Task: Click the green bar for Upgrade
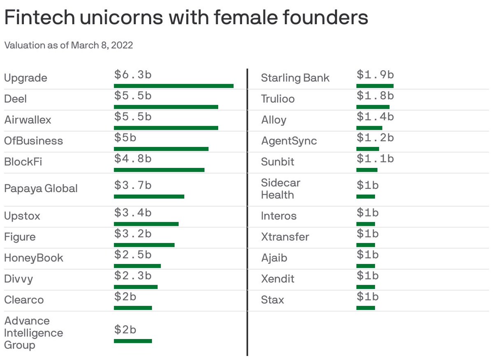coord(173,86)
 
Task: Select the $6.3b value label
coord(133,75)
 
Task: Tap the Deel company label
coord(15,99)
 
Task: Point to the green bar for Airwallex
coord(166,128)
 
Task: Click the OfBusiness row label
coord(33,141)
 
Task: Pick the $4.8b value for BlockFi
coord(133,158)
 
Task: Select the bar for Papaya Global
coord(149,197)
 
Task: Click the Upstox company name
coord(22,216)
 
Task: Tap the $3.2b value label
coord(133,234)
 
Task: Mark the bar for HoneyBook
coord(137,266)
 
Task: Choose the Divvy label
coord(18,279)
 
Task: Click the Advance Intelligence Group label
coord(33,333)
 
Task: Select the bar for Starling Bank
coord(375,86)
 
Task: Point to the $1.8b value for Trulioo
coord(375,96)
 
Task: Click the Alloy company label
coord(274,120)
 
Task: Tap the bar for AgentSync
coord(367,149)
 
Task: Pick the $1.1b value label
coord(375,158)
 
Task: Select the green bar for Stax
coord(366,308)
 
